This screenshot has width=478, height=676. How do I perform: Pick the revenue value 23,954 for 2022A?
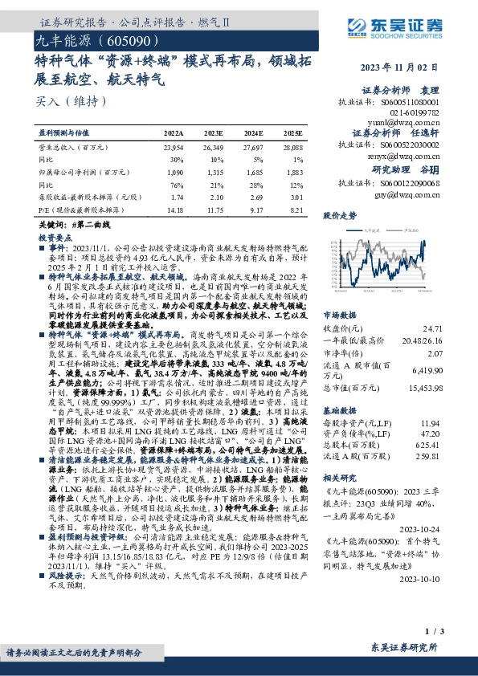pos(174,149)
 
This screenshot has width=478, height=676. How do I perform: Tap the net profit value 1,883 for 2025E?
pos(294,172)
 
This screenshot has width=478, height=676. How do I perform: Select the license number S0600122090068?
pos(411,184)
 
